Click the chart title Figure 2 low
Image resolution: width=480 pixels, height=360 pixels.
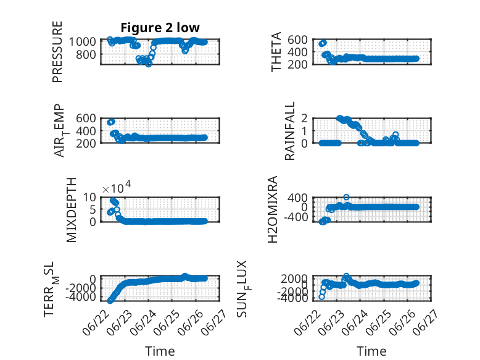160,28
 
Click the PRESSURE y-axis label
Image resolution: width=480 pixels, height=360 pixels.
57,52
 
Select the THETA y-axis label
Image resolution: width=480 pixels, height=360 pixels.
276,52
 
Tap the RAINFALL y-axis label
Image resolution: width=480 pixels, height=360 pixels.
289,131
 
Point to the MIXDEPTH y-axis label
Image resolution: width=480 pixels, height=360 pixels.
71,210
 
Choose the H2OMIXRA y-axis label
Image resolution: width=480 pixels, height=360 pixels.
273,209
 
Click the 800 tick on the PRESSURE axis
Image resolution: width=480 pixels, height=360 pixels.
88,54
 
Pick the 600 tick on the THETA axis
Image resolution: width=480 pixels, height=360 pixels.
297,40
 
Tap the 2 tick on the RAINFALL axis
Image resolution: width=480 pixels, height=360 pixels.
304,118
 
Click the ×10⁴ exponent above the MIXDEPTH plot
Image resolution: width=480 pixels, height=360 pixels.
117,187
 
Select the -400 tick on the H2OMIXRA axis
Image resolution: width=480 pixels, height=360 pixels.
296,217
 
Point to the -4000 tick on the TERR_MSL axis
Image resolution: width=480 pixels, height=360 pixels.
81,296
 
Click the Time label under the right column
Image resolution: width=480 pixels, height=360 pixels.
371,351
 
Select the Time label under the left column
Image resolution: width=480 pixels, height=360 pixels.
160,351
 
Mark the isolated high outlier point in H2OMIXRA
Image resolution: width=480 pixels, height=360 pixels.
346,197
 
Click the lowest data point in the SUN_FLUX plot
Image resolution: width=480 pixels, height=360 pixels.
321,297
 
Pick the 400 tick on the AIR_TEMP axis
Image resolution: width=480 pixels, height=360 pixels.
86,130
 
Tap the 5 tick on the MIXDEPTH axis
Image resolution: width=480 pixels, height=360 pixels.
93,209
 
